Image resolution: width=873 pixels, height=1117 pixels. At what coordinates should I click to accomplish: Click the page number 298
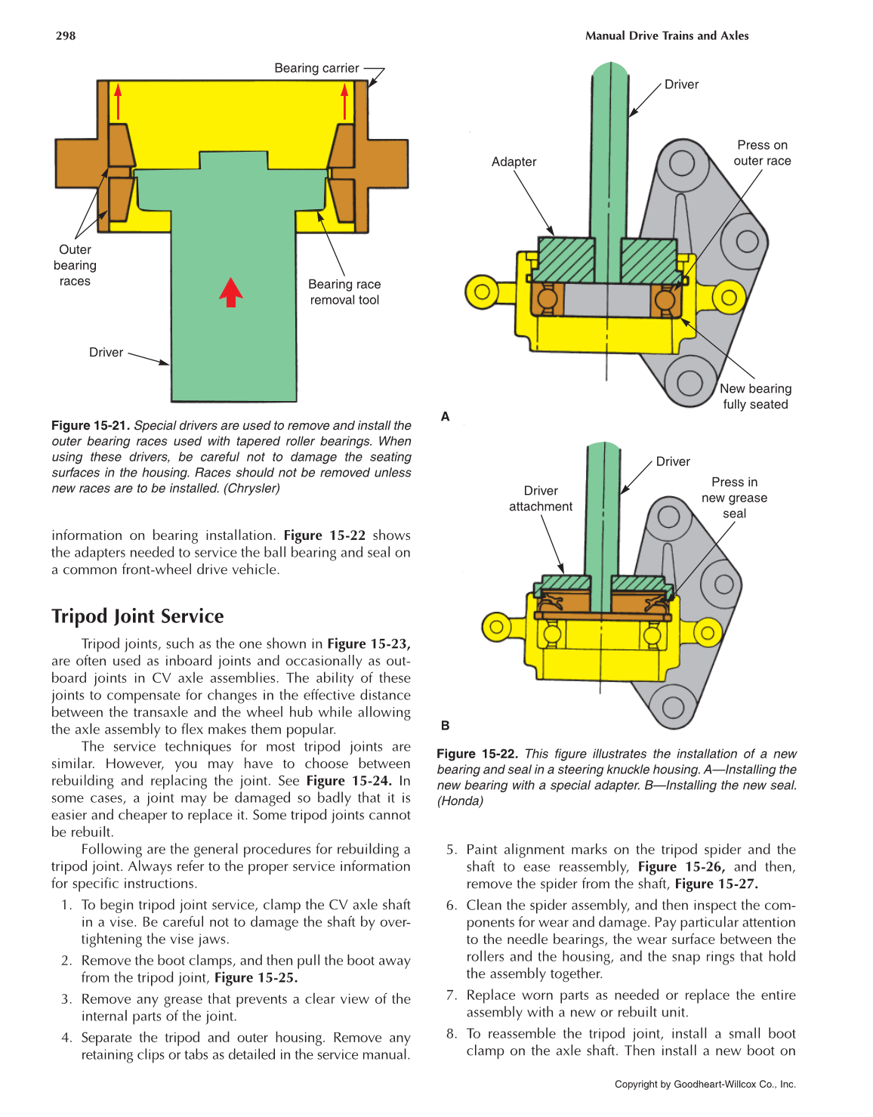(66, 35)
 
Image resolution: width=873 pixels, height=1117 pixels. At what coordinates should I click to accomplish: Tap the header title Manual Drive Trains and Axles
(666, 35)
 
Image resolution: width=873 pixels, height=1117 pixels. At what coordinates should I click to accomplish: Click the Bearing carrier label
(316, 68)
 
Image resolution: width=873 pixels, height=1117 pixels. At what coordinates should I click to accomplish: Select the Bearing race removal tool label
(344, 292)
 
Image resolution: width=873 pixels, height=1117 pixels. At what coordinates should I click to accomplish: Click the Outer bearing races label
(75, 265)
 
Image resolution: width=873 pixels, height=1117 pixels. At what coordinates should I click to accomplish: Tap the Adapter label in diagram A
(514, 162)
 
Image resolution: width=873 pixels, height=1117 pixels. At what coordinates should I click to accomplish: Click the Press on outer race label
(762, 153)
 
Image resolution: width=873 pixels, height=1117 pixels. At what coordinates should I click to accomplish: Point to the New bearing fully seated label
(755, 397)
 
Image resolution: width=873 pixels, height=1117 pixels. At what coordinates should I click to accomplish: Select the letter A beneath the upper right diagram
(446, 416)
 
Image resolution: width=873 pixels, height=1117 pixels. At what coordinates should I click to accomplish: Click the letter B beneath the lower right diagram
(446, 725)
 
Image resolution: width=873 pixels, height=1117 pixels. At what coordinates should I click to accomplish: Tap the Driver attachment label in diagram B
(541, 498)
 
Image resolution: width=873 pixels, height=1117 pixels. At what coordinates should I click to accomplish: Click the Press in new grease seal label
(734, 498)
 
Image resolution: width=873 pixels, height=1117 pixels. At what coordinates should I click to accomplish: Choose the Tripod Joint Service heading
(137, 616)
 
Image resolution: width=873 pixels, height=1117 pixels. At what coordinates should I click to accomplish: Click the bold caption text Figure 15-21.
(91, 425)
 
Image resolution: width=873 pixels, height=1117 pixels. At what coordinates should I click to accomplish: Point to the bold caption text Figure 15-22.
(477, 754)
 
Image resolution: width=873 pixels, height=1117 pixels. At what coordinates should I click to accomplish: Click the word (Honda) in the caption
(460, 801)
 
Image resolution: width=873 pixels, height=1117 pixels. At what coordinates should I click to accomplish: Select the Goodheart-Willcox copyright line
(705, 1084)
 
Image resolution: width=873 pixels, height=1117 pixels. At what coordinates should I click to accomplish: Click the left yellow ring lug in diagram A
(483, 292)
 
